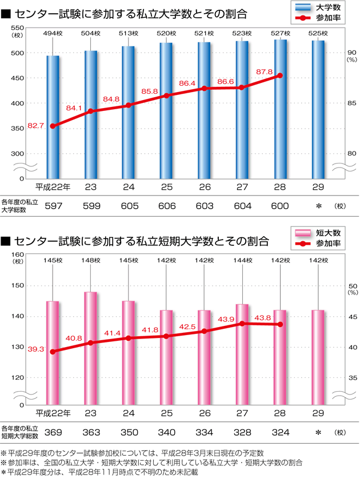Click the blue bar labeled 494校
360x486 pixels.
coord(53,114)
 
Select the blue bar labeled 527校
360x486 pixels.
coord(280,109)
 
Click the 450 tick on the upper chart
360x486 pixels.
coord(17,78)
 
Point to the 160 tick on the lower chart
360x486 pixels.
coord(17,254)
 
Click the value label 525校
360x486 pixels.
coord(318,34)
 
